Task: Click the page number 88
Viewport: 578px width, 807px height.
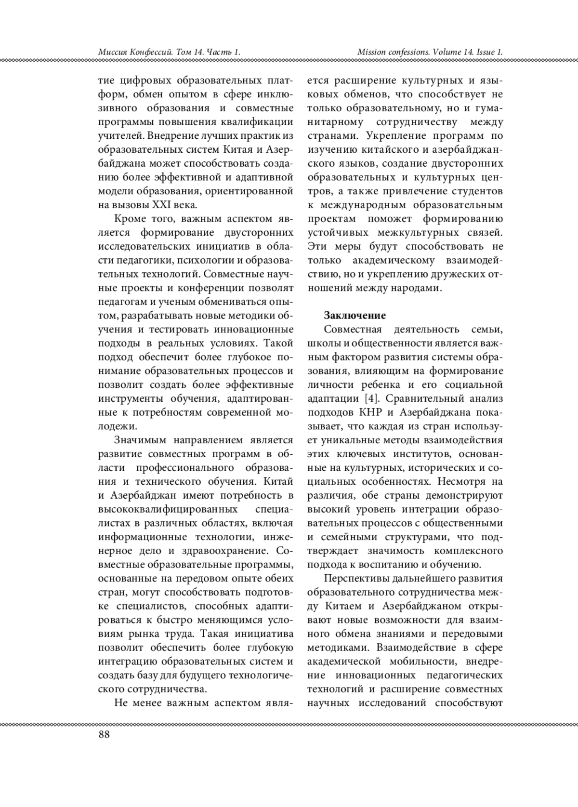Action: tap(104, 735)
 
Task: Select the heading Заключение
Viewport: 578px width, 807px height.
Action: tap(355, 316)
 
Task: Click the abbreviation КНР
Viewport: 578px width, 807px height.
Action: tap(371, 413)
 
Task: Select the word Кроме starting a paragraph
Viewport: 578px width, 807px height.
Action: tap(129, 219)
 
